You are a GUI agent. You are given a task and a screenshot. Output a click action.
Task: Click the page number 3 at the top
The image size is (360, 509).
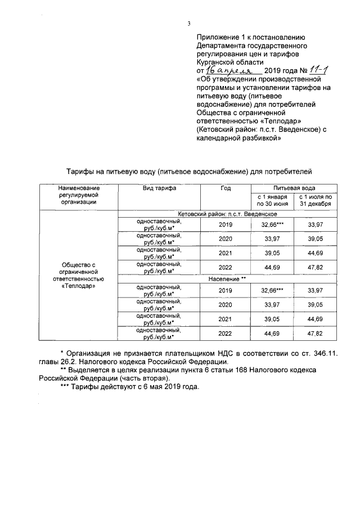189,23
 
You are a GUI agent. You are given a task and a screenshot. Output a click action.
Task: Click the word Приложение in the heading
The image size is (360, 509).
216,35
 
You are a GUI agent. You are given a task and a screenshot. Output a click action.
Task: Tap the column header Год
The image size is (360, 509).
225,188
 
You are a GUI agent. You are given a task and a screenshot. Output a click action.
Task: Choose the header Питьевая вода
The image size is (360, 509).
294,187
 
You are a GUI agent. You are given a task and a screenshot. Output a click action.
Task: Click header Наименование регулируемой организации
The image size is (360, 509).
78,195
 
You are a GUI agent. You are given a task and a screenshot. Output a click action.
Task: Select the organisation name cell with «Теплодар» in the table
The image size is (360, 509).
78,275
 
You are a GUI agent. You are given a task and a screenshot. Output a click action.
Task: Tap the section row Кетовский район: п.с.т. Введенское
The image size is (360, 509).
226,214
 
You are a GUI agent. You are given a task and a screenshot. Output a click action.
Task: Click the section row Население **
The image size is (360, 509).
226,278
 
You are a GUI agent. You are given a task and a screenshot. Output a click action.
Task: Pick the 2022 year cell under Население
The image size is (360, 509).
225,333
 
